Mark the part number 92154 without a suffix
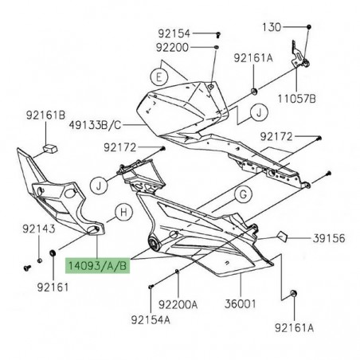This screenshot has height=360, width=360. (x=174, y=33)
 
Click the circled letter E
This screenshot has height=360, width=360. (x=159, y=77)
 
